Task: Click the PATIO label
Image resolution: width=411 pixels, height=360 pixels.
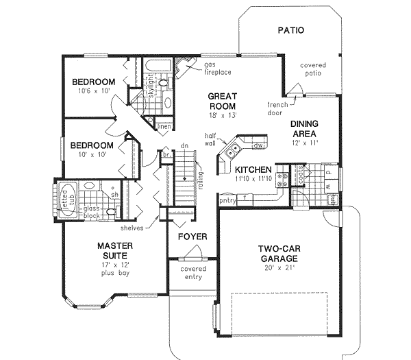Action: click(291, 31)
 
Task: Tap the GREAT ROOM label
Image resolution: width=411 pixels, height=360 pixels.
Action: click(223, 102)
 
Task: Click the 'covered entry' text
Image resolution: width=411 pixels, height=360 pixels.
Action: click(193, 274)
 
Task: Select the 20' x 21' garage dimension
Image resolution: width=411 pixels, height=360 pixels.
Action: click(277, 269)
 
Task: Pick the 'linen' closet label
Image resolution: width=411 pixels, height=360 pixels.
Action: click(163, 127)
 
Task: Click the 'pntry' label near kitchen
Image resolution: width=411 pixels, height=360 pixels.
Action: click(227, 202)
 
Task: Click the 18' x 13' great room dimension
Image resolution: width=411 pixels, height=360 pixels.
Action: click(223, 118)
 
